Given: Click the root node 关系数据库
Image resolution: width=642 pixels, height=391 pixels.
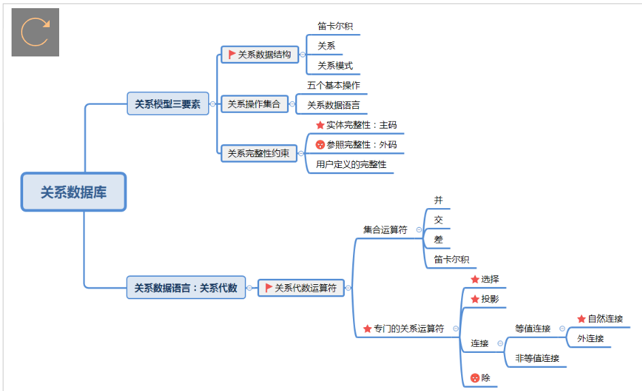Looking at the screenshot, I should [x=73, y=192].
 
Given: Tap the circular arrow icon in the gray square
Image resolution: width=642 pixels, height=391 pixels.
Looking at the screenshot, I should [x=35, y=32].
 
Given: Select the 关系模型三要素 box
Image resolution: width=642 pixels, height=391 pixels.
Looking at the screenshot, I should [x=167, y=104].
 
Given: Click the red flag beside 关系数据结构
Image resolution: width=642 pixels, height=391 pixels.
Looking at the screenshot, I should [x=232, y=54].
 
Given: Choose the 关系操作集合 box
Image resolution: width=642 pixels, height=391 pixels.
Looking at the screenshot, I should [x=254, y=104].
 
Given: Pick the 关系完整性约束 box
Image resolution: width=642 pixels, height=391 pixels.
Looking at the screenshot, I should [x=258, y=153].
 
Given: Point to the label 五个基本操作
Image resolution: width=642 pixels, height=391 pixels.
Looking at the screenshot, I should [x=333, y=85].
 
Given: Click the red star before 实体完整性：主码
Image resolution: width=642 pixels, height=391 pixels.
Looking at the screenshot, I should [x=320, y=125].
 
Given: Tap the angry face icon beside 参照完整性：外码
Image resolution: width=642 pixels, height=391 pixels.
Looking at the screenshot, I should [x=320, y=144].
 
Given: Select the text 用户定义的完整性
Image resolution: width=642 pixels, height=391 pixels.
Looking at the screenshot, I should [x=351, y=164].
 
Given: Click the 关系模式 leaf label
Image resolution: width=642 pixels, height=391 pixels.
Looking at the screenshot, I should [x=335, y=66].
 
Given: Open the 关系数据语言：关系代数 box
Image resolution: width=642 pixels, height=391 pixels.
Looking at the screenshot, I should [x=186, y=288].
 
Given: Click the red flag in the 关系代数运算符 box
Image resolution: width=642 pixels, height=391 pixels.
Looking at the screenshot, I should [x=269, y=288].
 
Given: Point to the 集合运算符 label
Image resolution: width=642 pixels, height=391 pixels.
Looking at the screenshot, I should [x=385, y=230].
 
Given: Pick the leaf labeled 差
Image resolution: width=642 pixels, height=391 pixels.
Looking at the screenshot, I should [x=439, y=239].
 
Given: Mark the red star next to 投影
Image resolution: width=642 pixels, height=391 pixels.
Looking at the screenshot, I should [x=475, y=299].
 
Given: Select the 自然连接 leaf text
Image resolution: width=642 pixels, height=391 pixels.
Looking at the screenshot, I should [x=605, y=318].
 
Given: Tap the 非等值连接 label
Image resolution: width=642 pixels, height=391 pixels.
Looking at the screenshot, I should [x=537, y=358].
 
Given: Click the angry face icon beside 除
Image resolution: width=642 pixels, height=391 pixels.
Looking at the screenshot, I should [x=475, y=377].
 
